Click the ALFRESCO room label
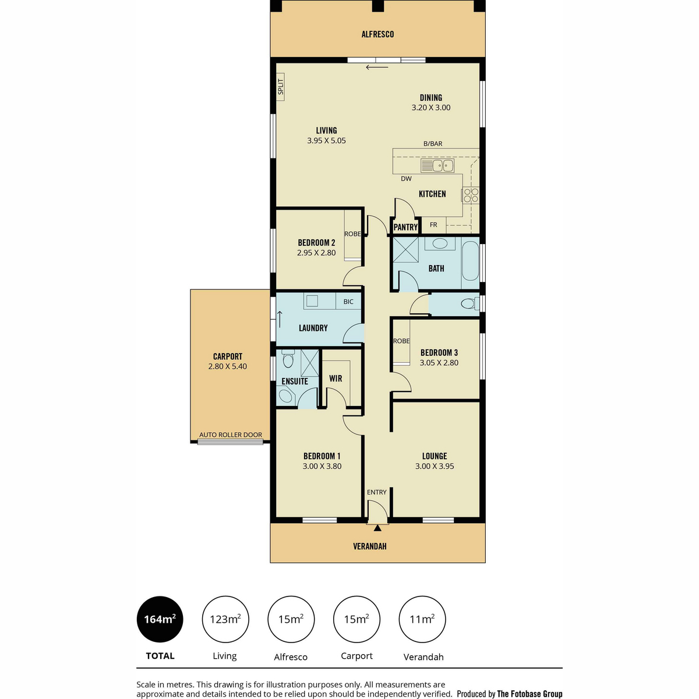(x=377, y=34)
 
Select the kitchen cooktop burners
(x=471, y=195)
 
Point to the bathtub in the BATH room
(x=471, y=261)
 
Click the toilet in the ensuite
(x=288, y=359)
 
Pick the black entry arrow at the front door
(x=377, y=528)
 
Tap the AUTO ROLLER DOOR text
(x=230, y=435)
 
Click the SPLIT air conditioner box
(x=280, y=87)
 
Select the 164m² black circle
(x=160, y=619)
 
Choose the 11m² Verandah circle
(x=422, y=619)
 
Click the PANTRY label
(x=405, y=227)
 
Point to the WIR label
(x=336, y=379)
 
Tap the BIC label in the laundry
(x=348, y=301)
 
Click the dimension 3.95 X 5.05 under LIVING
(x=326, y=141)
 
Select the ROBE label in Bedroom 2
(x=352, y=234)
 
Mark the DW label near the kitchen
(x=406, y=178)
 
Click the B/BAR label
(x=433, y=144)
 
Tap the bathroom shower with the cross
(x=405, y=249)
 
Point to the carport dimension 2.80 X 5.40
(x=227, y=366)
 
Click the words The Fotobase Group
(x=529, y=693)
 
